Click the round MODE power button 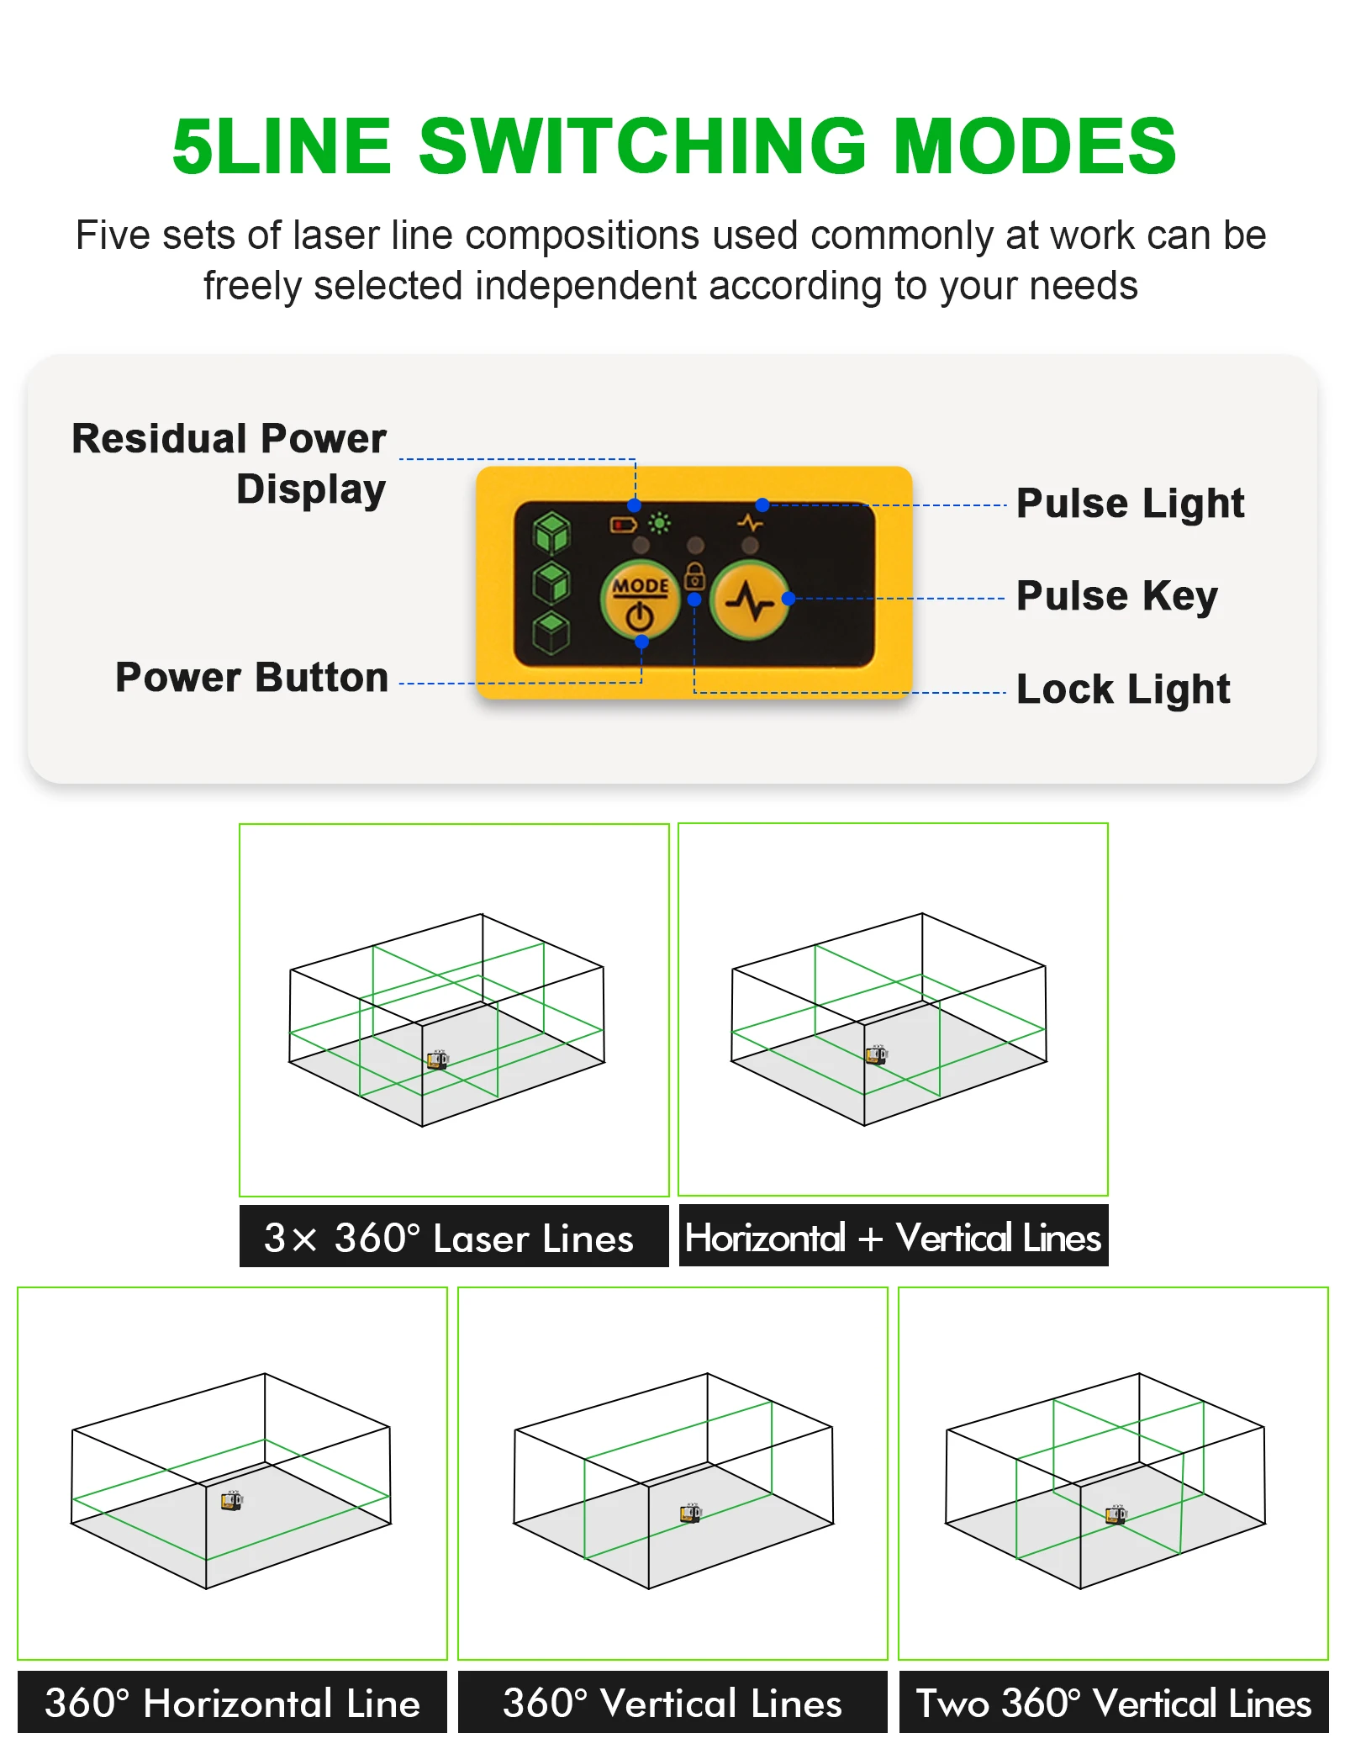click(x=639, y=599)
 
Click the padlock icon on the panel click(x=694, y=575)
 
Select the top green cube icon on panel click(x=551, y=532)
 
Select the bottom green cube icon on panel click(x=551, y=632)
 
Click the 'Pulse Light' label click(x=1129, y=504)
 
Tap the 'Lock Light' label click(x=1122, y=690)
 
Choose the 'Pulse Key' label click(x=1116, y=596)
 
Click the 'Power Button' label click(x=251, y=678)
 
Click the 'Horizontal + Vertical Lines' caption click(x=893, y=1237)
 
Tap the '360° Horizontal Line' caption click(x=232, y=1703)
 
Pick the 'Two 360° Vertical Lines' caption click(x=1113, y=1703)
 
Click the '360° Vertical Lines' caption click(x=672, y=1703)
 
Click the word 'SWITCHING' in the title click(x=642, y=146)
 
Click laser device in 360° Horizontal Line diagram click(x=231, y=1501)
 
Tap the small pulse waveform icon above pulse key click(x=750, y=523)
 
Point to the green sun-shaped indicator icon click(x=660, y=524)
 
